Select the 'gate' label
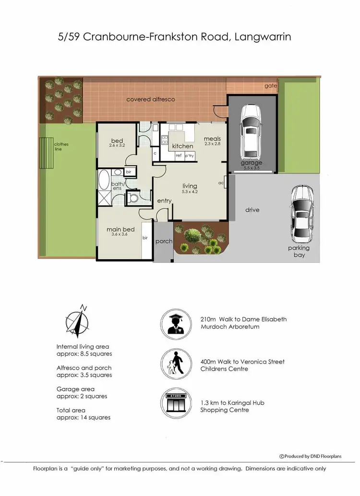click(x=271, y=86)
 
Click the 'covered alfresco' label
click(x=150, y=99)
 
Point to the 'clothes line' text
click(x=61, y=146)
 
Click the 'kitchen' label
click(x=182, y=146)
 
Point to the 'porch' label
click(x=164, y=242)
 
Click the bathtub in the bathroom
click(x=104, y=185)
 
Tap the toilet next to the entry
click(x=133, y=198)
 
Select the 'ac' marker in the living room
click(x=221, y=182)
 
